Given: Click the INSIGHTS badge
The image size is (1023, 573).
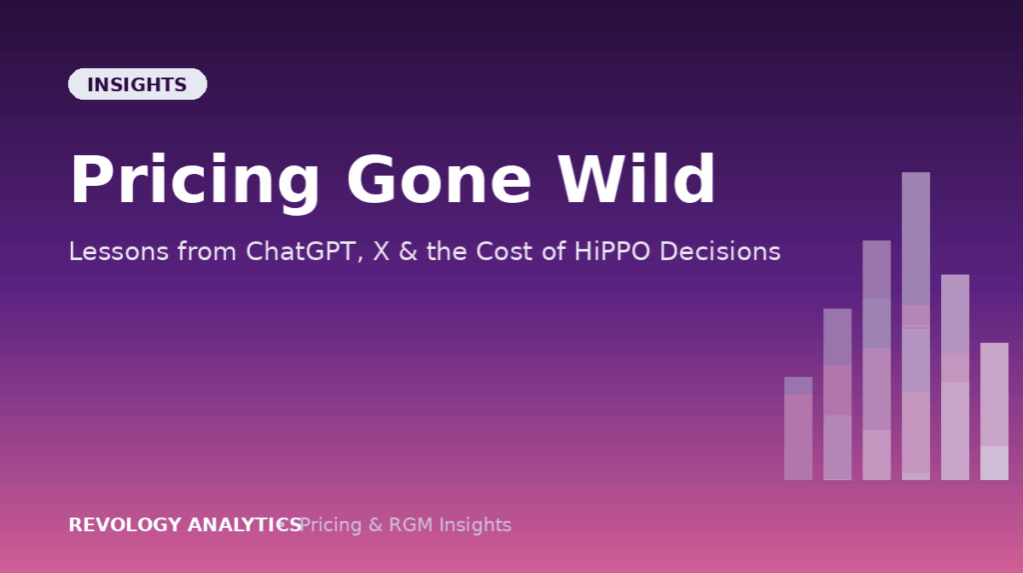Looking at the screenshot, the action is (138, 84).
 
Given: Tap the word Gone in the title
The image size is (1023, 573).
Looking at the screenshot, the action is (440, 180).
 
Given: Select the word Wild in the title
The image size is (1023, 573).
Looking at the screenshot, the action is (636, 179).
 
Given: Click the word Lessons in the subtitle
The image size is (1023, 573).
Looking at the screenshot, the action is (119, 252).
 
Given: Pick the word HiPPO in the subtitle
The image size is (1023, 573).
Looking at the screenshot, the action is (612, 252).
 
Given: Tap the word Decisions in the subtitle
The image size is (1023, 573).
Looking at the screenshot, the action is (720, 252).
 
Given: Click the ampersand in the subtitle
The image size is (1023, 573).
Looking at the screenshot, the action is (408, 252).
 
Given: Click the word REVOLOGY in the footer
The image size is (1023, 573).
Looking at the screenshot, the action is (125, 525).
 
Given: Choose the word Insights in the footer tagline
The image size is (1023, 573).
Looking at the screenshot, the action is (475, 525).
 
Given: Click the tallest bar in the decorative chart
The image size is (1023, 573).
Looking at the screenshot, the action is (916, 326).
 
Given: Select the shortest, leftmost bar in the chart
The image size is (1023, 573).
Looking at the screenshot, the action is (798, 429).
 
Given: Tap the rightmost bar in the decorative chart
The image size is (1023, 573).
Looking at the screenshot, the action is (994, 412).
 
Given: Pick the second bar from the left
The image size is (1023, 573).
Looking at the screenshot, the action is (838, 395).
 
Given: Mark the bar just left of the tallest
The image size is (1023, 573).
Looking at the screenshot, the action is (877, 360).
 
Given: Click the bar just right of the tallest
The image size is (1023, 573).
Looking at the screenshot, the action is (955, 377).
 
